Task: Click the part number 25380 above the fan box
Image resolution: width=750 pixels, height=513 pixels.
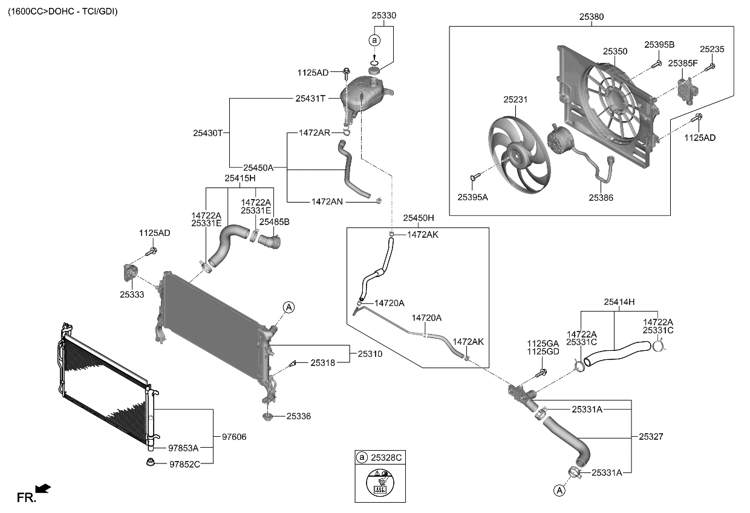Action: (x=591, y=17)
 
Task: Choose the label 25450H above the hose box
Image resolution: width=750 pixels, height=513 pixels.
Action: (x=419, y=217)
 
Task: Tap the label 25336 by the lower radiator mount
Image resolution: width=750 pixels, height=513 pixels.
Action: (x=299, y=416)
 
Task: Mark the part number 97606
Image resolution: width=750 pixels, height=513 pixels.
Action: (x=234, y=436)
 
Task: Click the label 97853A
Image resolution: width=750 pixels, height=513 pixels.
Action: (x=184, y=448)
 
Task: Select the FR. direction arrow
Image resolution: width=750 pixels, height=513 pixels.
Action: (x=43, y=488)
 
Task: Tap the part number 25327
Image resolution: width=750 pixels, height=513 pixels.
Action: (x=652, y=436)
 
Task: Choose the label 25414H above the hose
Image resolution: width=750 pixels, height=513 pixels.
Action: (x=619, y=301)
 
